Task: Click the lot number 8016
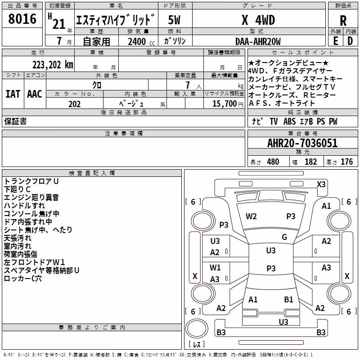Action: pyautogui.click(x=22, y=19)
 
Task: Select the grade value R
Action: pyautogui.click(x=343, y=21)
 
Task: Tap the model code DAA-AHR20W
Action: pyautogui.click(x=258, y=41)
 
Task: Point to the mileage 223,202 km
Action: pyautogui.click(x=53, y=65)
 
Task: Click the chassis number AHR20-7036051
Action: pyautogui.click(x=302, y=143)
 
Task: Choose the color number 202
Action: pyautogui.click(x=74, y=104)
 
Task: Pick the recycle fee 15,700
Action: pyautogui.click(x=224, y=104)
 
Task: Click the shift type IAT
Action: pyautogui.click(x=13, y=94)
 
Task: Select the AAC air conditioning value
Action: pyautogui.click(x=35, y=94)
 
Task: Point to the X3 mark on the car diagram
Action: pyautogui.click(x=321, y=184)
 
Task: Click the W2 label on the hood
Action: pyautogui.click(x=251, y=216)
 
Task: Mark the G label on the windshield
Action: pyautogui.click(x=284, y=237)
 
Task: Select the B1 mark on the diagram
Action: pyautogui.click(x=288, y=299)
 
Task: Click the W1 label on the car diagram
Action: pyautogui.click(x=215, y=267)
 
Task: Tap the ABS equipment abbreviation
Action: pyautogui.click(x=289, y=121)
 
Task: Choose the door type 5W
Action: pyautogui.click(x=174, y=20)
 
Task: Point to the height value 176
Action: pyautogui.click(x=346, y=162)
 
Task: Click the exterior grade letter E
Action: pyautogui.click(x=335, y=41)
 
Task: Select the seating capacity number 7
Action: pyautogui.click(x=188, y=85)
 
